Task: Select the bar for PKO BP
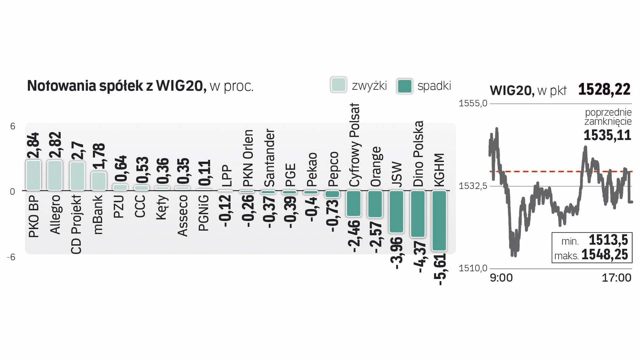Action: click(x=33, y=175)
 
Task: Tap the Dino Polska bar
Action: click(x=418, y=214)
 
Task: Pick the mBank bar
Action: click(x=99, y=181)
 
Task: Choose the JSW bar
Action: click(x=396, y=211)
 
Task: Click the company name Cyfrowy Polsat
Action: click(x=354, y=145)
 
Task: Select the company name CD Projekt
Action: click(x=76, y=224)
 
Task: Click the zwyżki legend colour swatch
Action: click(x=339, y=85)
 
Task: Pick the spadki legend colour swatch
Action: click(x=405, y=86)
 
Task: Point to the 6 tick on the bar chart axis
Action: click(x=13, y=126)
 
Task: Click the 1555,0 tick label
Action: click(x=473, y=103)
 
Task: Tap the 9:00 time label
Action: click(x=501, y=278)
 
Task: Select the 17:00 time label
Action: click(x=616, y=278)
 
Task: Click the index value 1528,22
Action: click(x=604, y=89)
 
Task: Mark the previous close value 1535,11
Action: click(x=607, y=135)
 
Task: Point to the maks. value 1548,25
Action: click(x=605, y=255)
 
